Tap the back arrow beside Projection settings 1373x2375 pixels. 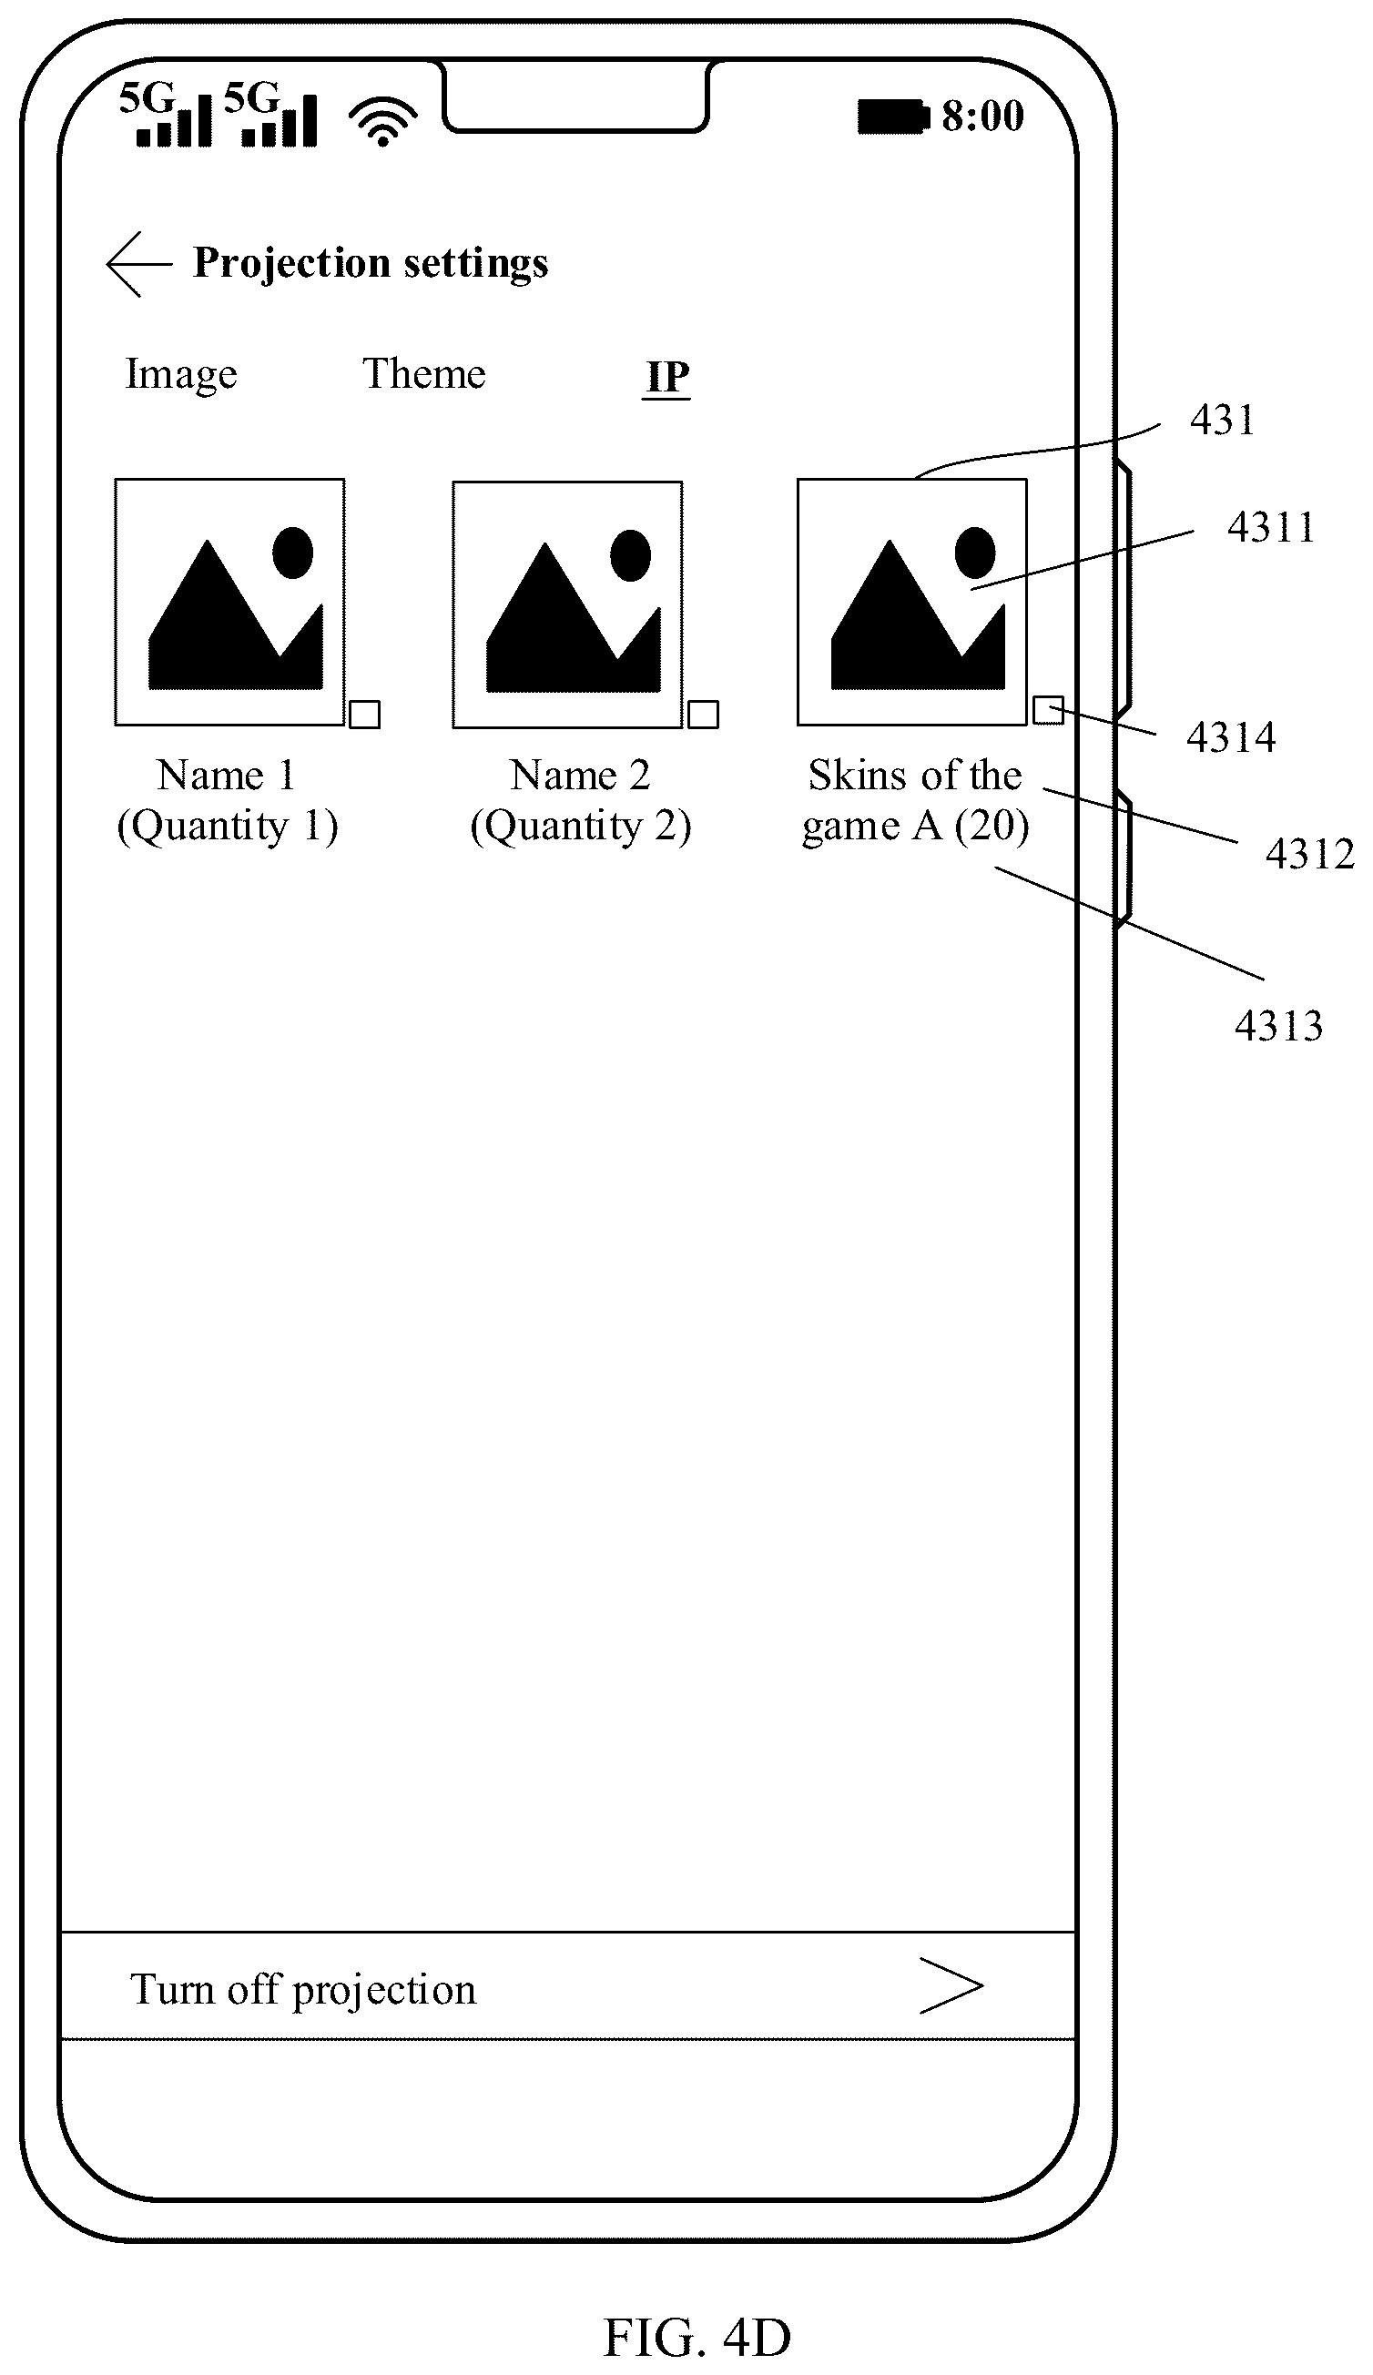point(138,264)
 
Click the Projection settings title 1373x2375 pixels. point(371,263)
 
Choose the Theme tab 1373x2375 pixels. point(424,373)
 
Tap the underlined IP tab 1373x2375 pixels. point(667,378)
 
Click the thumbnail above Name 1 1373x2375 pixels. point(230,603)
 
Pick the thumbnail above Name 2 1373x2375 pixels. point(567,605)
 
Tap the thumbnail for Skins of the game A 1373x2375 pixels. point(912,603)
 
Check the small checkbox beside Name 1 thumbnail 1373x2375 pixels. point(365,715)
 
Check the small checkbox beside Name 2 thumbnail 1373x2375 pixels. point(703,715)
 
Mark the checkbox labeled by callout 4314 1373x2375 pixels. point(1048,711)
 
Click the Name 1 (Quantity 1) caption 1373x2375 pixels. point(227,801)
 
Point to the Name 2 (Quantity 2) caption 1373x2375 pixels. point(581,801)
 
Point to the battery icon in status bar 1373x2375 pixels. point(893,117)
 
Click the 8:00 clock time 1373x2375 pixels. point(983,116)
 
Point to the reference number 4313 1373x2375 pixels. point(1278,1025)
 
